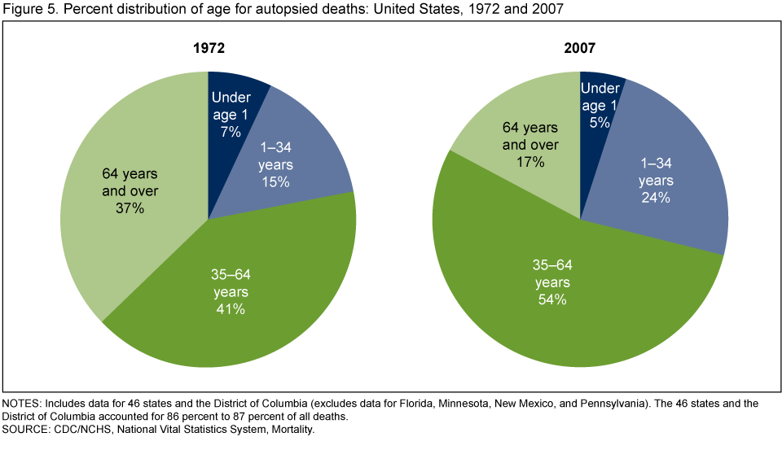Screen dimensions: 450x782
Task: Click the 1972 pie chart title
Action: (208, 48)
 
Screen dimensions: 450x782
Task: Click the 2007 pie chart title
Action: (579, 48)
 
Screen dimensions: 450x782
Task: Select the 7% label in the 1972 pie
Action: (231, 131)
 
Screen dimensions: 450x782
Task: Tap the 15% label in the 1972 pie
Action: (275, 181)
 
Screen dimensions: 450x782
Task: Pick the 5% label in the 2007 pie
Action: (600, 123)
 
